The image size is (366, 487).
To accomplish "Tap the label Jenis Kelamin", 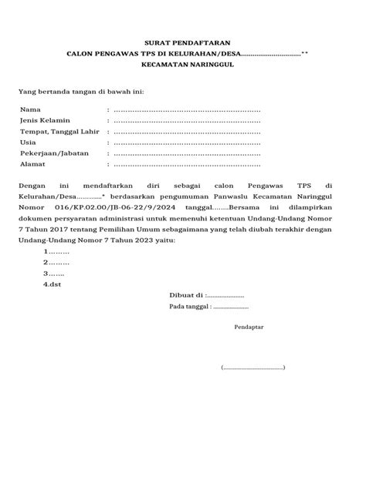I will pyautogui.click(x=45, y=120).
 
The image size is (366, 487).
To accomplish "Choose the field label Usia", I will pyautogui.click(x=29, y=142).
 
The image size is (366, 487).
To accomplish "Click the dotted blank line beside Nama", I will pyautogui.click(x=187, y=109).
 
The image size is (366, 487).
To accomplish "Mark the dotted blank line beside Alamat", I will pyautogui.click(x=187, y=163).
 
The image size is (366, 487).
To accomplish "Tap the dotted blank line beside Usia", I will pyautogui.click(x=187, y=142).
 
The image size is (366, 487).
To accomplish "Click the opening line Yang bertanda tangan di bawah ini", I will pyautogui.click(x=81, y=91).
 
